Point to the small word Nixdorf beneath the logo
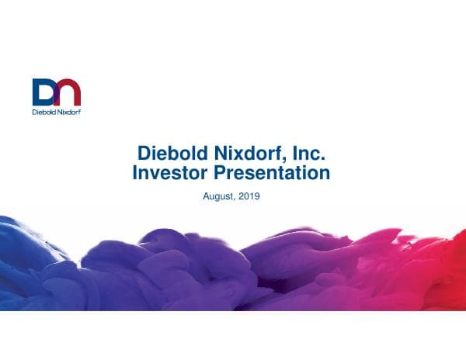69,111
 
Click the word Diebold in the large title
171,153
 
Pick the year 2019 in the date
249,197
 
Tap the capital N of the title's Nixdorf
218,153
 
